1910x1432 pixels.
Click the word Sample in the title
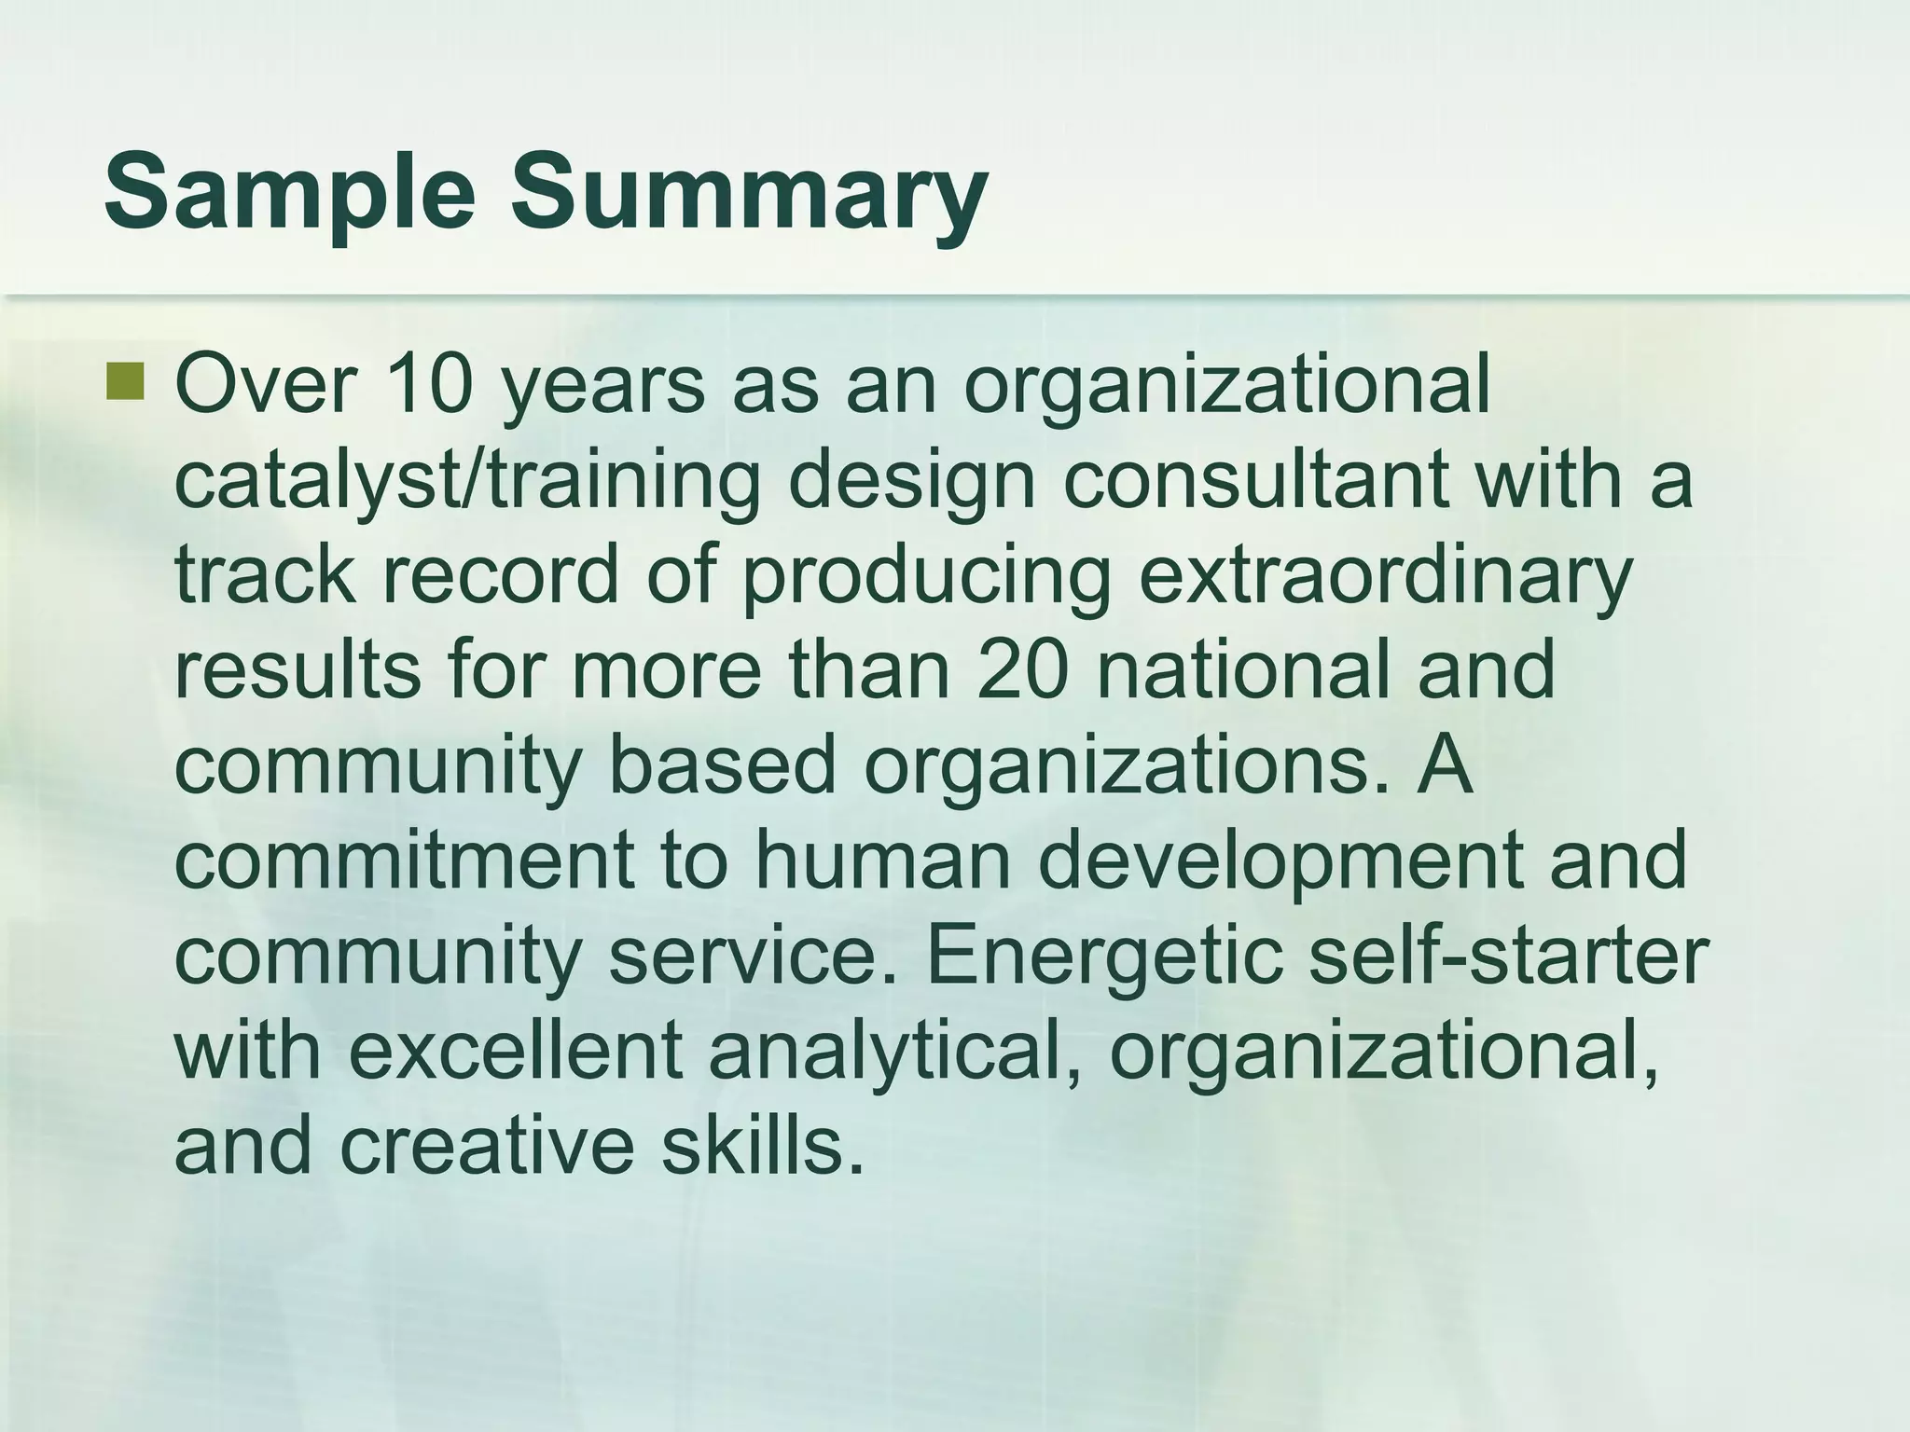pos(289,194)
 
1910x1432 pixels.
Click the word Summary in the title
pos(747,194)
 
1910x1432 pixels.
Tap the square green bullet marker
pos(126,383)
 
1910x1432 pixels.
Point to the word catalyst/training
pos(467,482)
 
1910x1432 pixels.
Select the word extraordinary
pos(1385,576)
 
